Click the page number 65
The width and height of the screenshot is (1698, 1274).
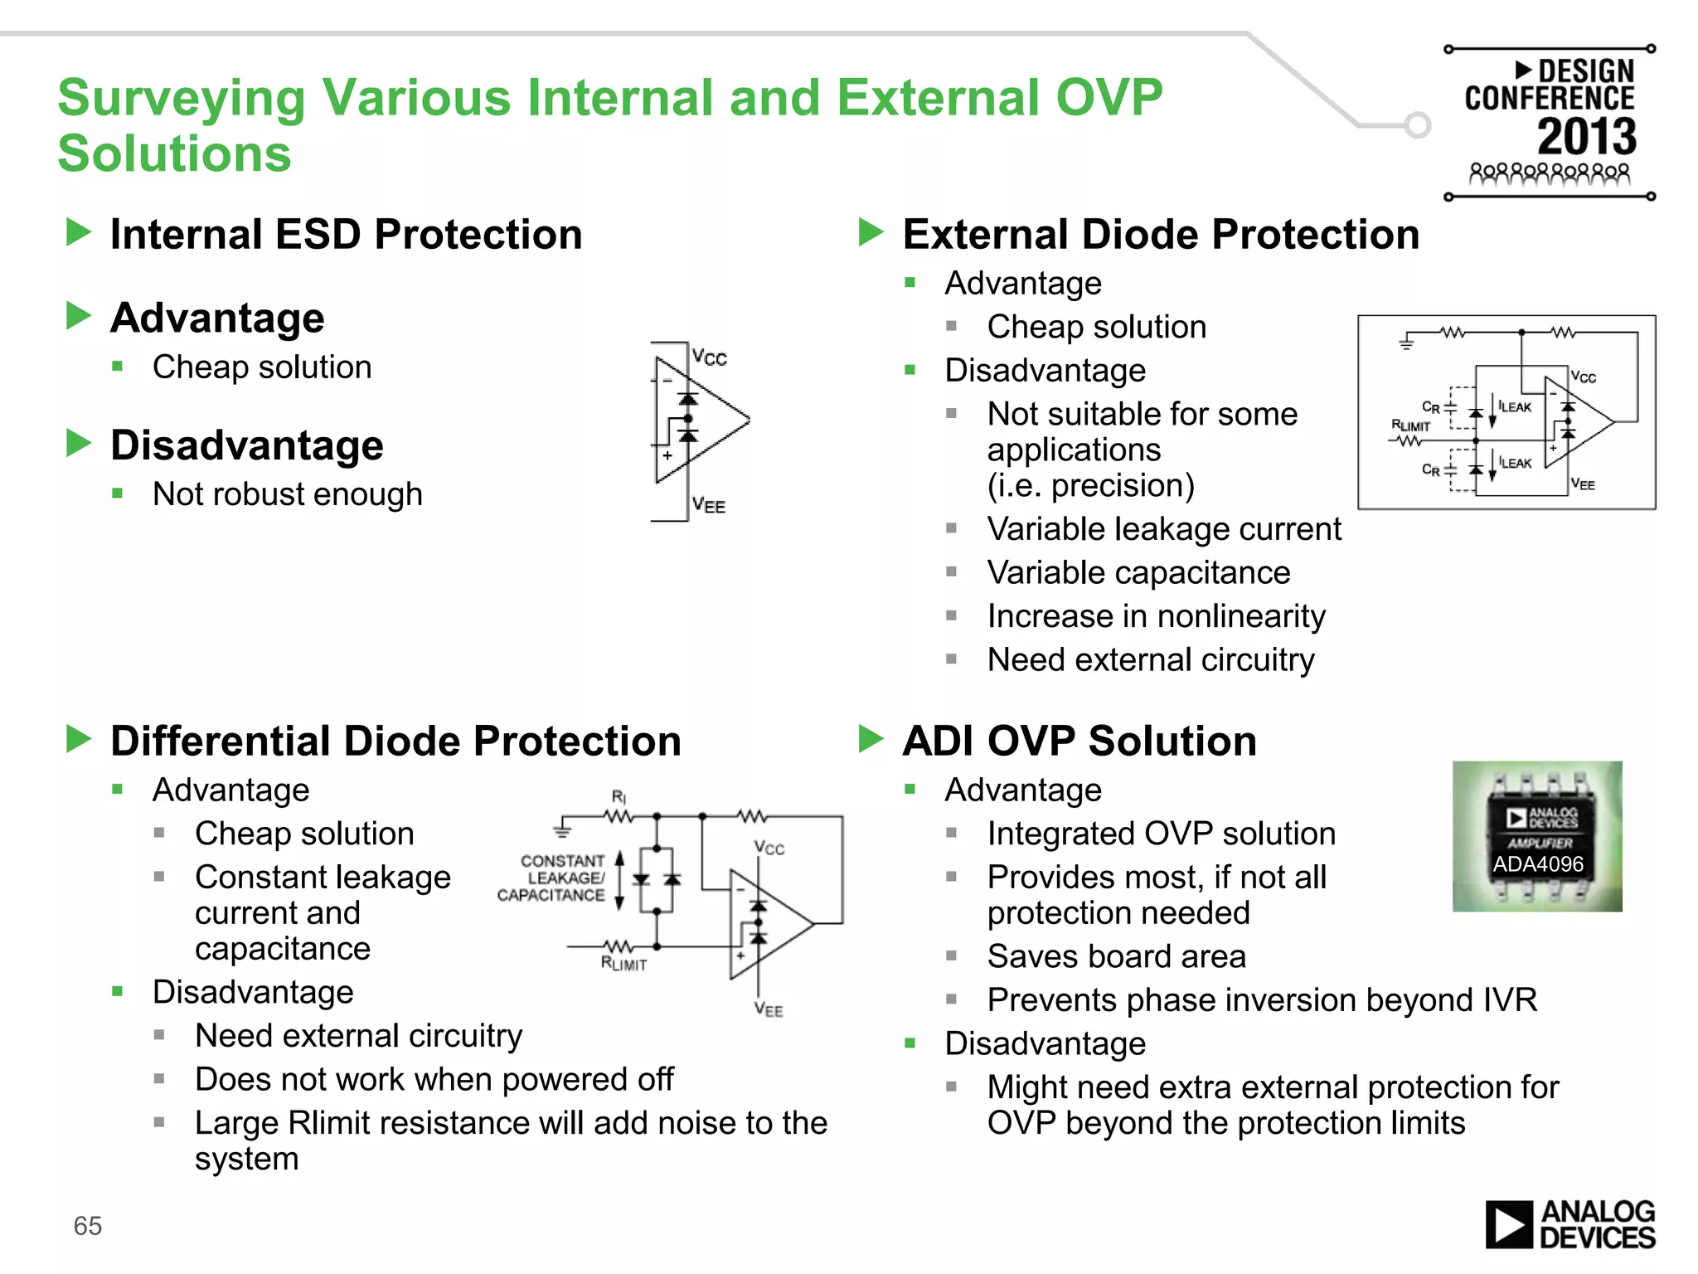(87, 1226)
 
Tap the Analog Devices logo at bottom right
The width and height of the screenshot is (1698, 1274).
(1569, 1224)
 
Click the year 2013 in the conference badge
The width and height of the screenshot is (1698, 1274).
(1587, 137)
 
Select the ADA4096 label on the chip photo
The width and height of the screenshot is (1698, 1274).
(1538, 864)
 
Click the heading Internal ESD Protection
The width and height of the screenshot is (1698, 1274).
(346, 234)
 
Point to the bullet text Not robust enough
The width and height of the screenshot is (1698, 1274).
(287, 494)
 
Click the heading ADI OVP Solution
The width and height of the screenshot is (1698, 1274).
(1079, 741)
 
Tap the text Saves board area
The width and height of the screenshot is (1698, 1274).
(1116, 956)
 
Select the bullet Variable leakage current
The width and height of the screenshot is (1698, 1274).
(1163, 529)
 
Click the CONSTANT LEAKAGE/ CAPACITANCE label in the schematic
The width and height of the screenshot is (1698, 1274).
(552, 878)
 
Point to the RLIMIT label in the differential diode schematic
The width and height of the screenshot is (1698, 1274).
(623, 964)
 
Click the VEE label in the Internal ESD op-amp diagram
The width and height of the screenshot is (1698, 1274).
(709, 505)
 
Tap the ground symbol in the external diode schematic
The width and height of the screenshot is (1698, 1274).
(1406, 342)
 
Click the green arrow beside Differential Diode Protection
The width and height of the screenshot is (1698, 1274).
(79, 739)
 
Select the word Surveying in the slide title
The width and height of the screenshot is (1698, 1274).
(182, 98)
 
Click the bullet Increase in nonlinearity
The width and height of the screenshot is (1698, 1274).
(1156, 616)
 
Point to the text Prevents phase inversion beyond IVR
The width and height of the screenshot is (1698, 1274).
(1262, 1000)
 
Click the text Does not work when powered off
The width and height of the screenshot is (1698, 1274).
(434, 1080)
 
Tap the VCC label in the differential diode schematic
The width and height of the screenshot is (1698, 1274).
(769, 848)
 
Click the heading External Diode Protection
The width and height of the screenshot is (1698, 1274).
(1161, 234)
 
